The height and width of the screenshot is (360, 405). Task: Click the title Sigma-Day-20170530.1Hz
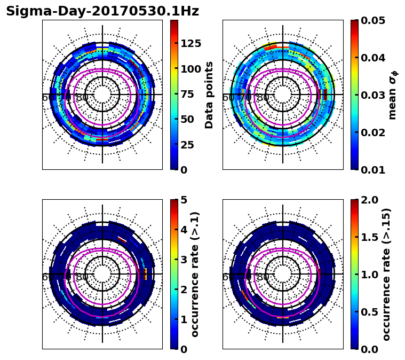click(102, 11)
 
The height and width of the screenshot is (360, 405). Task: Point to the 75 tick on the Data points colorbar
click(187, 94)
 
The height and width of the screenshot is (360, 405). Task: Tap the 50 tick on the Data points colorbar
click(187, 119)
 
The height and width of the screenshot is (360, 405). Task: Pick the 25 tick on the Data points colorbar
click(187, 144)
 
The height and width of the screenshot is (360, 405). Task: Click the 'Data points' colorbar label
click(209, 95)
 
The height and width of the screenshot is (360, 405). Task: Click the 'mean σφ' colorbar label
click(392, 95)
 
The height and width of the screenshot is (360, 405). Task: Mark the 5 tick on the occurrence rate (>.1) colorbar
click(184, 200)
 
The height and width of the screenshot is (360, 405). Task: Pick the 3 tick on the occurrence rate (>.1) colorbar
click(184, 260)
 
